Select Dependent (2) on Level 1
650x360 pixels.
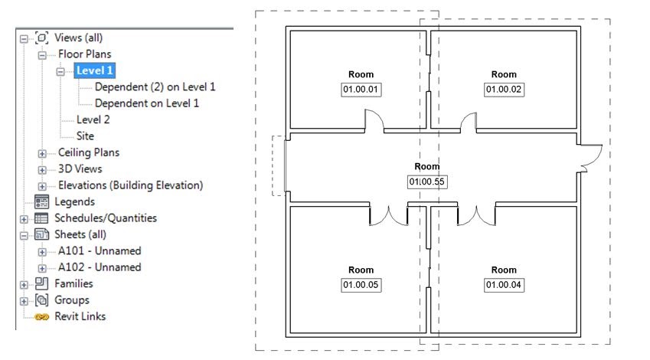155,87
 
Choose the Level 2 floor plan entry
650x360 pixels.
93,119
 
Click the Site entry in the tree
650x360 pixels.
85,136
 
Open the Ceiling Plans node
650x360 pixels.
88,152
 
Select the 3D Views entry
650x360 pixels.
80,169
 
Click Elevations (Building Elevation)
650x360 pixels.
130,185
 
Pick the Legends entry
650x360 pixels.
74,201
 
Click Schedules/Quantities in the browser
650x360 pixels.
105,218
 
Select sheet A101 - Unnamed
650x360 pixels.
99,250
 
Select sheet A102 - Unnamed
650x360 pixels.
99,267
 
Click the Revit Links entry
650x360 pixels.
80,316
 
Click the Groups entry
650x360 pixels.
71,299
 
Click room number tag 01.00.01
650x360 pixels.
361,90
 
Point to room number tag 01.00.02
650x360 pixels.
503,90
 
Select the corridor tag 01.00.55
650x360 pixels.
426,182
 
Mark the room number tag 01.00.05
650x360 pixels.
361,285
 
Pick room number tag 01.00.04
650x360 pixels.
503,285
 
